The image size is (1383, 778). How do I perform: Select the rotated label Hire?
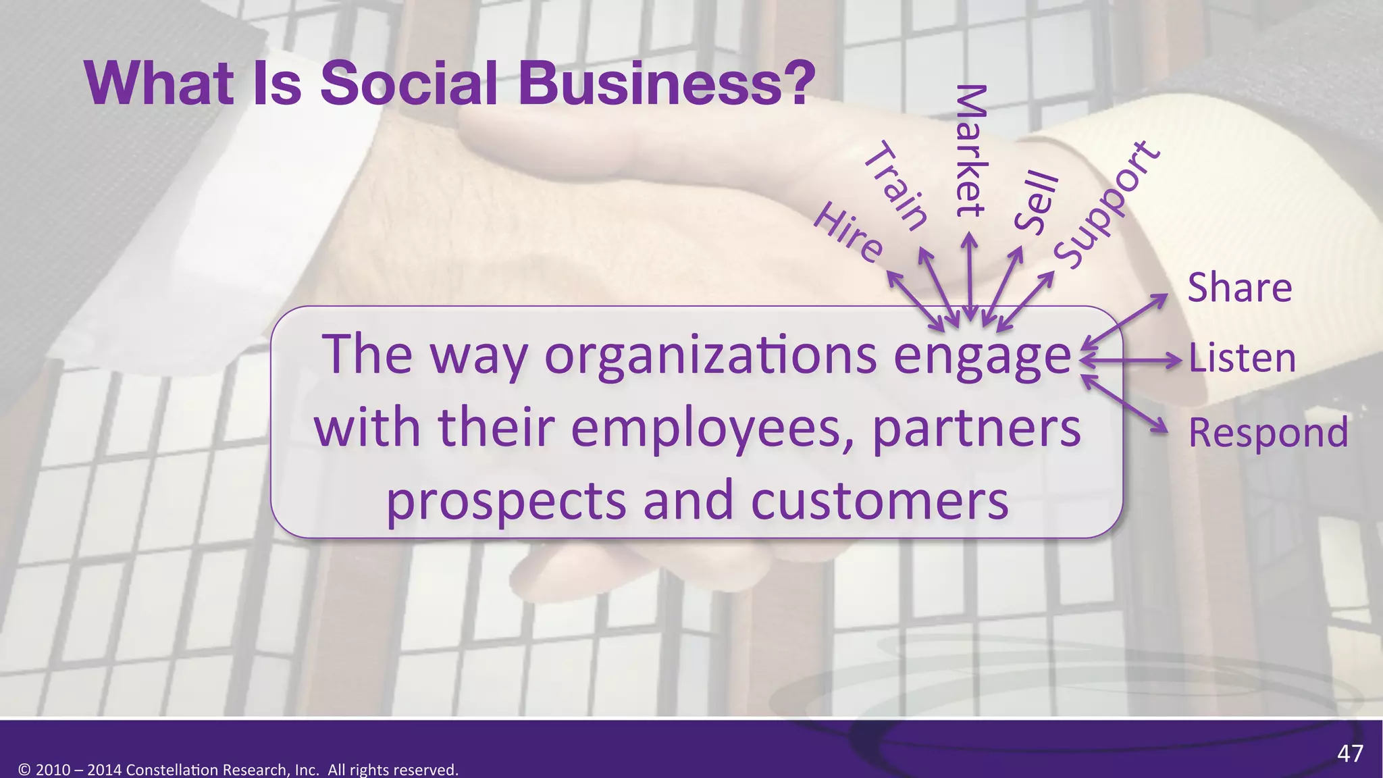pyautogui.click(x=848, y=233)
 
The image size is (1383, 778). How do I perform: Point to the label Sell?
pyautogui.click(x=1036, y=203)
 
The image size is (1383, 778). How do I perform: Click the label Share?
pyautogui.click(x=1240, y=288)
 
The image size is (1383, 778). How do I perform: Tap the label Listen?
pyautogui.click(x=1242, y=358)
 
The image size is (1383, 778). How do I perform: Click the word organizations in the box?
pyautogui.click(x=710, y=356)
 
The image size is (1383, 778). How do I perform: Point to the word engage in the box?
pyautogui.click(x=983, y=356)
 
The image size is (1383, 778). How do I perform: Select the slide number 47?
pyautogui.click(x=1350, y=753)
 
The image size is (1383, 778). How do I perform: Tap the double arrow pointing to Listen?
pyautogui.click(x=1131, y=361)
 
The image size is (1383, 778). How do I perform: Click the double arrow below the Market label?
pyautogui.click(x=970, y=277)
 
